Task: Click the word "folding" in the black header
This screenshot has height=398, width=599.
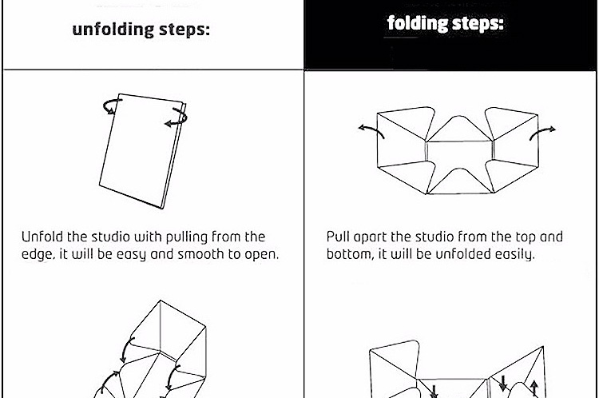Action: tap(417, 23)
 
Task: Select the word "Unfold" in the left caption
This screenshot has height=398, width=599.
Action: tap(42, 237)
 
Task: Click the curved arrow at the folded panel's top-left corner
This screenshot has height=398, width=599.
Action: tap(112, 106)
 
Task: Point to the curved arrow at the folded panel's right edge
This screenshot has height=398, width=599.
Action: tap(177, 117)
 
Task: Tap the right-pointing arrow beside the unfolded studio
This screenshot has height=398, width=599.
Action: tap(541, 133)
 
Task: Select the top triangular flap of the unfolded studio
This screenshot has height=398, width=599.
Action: tap(459, 129)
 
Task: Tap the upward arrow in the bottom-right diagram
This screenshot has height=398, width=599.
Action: tap(534, 388)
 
